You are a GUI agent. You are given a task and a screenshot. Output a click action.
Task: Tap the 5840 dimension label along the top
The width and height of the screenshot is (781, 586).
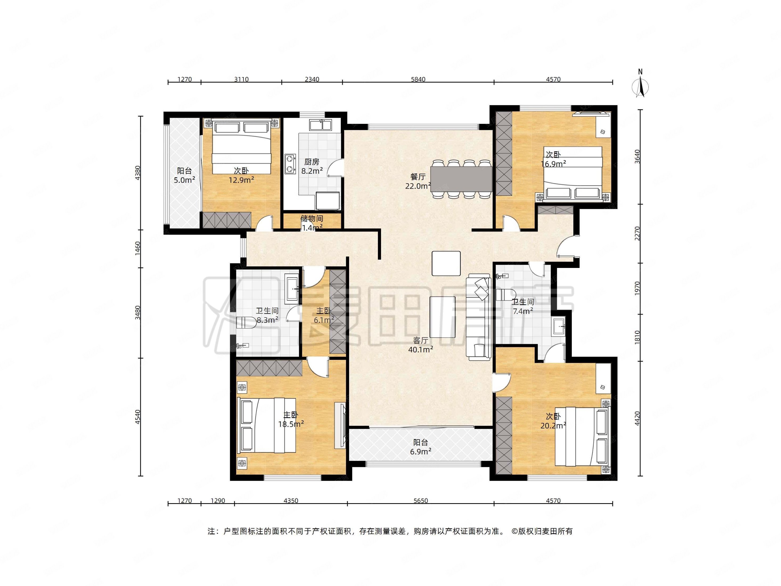418,79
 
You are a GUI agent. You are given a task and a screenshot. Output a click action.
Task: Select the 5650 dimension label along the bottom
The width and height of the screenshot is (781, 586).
420,500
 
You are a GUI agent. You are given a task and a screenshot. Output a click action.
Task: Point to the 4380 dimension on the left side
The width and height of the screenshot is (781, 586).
138,173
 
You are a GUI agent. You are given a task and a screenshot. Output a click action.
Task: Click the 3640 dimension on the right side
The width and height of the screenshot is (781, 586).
637,156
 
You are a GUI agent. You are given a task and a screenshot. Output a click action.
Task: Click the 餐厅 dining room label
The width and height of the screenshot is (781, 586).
418,177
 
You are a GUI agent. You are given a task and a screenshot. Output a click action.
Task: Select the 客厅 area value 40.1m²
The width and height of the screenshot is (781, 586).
420,350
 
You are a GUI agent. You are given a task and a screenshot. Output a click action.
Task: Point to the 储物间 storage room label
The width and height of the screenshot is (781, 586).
312,219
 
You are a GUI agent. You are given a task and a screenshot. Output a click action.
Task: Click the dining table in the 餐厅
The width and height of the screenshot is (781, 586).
461,179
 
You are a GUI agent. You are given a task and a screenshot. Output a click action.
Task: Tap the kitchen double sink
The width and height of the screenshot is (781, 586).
320,125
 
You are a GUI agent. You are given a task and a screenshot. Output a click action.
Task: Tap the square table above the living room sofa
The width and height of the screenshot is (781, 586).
446,263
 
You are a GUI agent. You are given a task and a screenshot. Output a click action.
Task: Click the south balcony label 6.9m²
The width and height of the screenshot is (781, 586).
420,451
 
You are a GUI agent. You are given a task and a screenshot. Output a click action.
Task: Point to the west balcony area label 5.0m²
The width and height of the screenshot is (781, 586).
184,180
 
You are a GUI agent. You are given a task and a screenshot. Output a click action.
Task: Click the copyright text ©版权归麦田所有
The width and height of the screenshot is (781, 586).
542,531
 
